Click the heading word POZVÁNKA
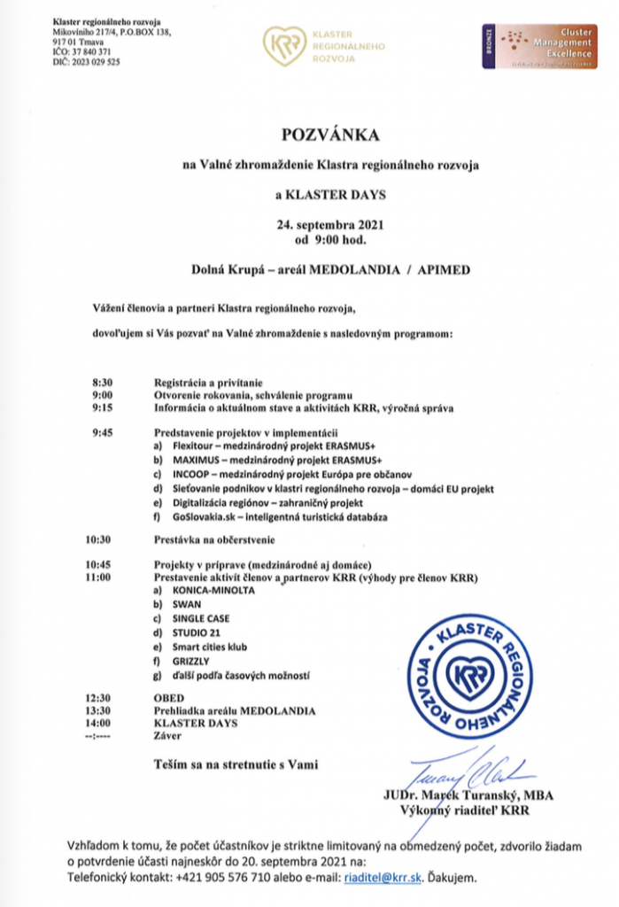point(329,135)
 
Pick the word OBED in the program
point(169,698)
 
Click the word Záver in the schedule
point(166,735)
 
